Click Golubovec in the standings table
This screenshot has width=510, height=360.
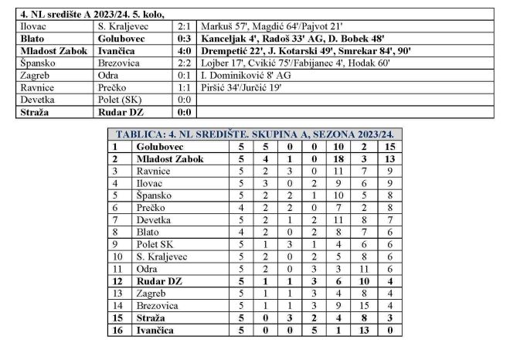pyautogui.click(x=158, y=146)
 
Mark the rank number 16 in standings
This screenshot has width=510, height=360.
pyautogui.click(x=118, y=330)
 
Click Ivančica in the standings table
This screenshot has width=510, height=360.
pyautogui.click(x=155, y=330)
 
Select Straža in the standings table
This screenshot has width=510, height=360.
pyautogui.click(x=151, y=318)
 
